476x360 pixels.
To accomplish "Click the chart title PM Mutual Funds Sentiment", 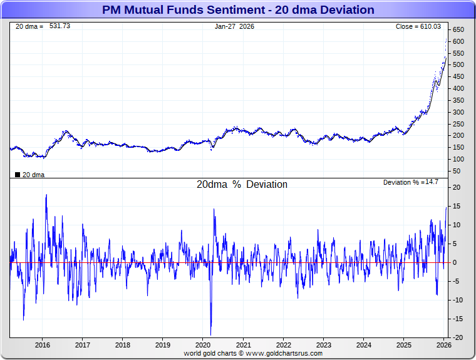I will (238, 10).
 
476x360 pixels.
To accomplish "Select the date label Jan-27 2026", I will (235, 26).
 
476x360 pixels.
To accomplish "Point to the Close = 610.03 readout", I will (418, 26).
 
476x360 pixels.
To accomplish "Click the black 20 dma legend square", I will (17, 175).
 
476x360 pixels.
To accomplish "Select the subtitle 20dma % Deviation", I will (242, 185).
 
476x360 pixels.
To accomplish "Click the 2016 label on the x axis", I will (42, 344).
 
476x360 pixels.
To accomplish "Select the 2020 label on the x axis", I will (203, 344).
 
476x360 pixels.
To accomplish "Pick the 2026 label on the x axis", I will (443, 344).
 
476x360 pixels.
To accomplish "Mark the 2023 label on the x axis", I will (323, 344).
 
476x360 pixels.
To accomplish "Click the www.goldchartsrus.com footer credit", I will (289, 353).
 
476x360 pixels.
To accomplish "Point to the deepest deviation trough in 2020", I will (211, 334).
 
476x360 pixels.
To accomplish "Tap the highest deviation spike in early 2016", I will (46, 195).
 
